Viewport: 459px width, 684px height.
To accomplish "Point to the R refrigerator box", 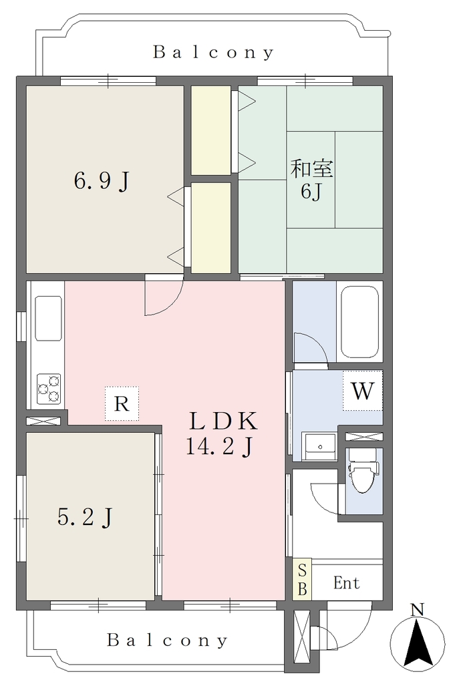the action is [x=122, y=403].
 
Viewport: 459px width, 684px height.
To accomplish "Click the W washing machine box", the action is [x=363, y=390].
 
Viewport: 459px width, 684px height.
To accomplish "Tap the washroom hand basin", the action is [x=321, y=447].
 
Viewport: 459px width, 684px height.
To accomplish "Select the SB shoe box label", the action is [x=302, y=579].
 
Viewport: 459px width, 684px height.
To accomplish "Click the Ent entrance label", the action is [x=347, y=582].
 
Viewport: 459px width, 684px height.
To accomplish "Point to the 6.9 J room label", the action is [x=102, y=180].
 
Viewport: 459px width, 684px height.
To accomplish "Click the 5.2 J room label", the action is [x=86, y=518].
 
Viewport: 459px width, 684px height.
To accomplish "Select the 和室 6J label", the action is [x=312, y=180].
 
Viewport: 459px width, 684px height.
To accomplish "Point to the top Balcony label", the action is [x=214, y=52].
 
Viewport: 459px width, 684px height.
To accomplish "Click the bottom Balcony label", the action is [x=168, y=640].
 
